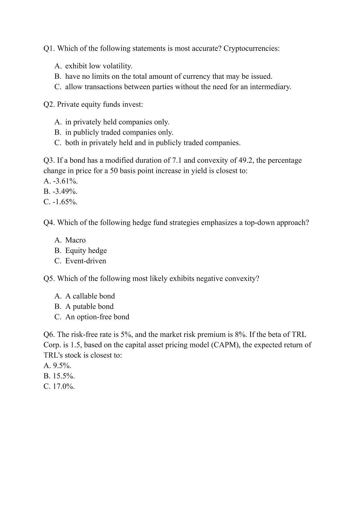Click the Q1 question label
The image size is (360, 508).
(49, 49)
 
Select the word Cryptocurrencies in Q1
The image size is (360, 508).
(251, 49)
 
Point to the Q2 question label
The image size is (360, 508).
(49, 104)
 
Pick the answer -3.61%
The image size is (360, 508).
(61, 181)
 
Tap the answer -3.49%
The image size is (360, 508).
(61, 192)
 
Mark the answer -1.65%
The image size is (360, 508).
(61, 202)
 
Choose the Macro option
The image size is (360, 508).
(75, 240)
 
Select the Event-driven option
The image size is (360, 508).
(85, 261)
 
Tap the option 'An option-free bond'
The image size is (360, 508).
(97, 317)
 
